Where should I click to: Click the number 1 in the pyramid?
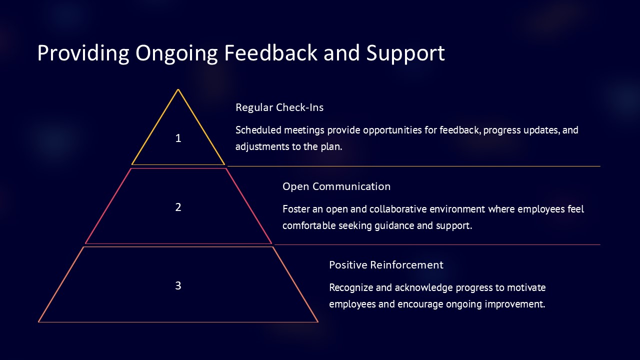(x=178, y=138)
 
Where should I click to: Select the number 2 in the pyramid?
(x=178, y=207)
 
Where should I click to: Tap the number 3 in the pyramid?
(x=178, y=285)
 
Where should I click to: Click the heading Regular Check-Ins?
(x=279, y=107)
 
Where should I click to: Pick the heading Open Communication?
(x=336, y=186)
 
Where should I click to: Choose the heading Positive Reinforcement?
(x=386, y=265)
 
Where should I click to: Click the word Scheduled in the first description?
(x=258, y=130)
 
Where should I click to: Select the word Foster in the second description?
(x=296, y=209)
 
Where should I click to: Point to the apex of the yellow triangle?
(x=178, y=90)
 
